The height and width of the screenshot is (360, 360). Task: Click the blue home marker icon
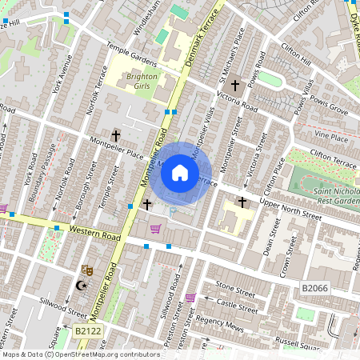180,173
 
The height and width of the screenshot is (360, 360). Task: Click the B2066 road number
315,286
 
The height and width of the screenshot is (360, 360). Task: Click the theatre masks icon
87,270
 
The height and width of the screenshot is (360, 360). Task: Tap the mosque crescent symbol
79,286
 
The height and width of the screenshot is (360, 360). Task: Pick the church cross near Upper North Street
242,202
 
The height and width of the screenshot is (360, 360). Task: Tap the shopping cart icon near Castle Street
190,298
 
